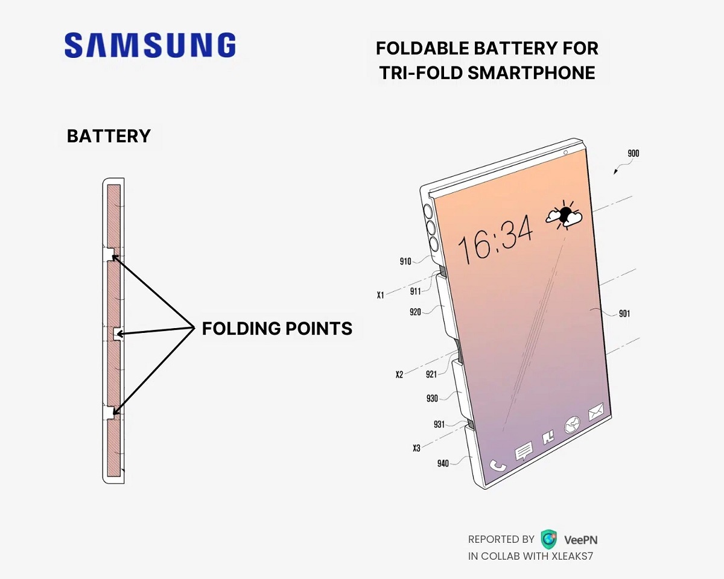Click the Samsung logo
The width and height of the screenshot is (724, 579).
pyautogui.click(x=150, y=45)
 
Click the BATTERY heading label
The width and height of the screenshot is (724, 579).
pyautogui.click(x=109, y=136)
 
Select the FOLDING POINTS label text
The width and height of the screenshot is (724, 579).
pyautogui.click(x=277, y=328)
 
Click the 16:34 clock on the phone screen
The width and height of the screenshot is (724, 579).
pyautogui.click(x=495, y=239)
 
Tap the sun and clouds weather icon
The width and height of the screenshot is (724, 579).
pyautogui.click(x=564, y=215)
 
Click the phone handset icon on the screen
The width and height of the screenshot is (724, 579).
pyautogui.click(x=498, y=466)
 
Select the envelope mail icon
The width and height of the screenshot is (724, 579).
pyautogui.click(x=597, y=412)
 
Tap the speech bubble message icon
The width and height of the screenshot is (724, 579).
pyautogui.click(x=523, y=450)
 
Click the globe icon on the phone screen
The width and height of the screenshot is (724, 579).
pyautogui.click(x=571, y=425)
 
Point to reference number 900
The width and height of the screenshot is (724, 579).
pyautogui.click(x=633, y=154)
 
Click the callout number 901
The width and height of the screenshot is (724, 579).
pyautogui.click(x=624, y=314)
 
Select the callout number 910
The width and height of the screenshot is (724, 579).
pyautogui.click(x=405, y=261)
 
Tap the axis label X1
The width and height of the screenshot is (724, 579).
pyautogui.click(x=381, y=295)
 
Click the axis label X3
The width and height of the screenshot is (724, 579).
pyautogui.click(x=416, y=448)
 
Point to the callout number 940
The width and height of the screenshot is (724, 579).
pyautogui.click(x=443, y=464)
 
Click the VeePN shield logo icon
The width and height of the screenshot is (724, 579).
pyautogui.click(x=548, y=539)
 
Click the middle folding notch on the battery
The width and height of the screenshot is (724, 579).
pyautogui.click(x=117, y=333)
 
